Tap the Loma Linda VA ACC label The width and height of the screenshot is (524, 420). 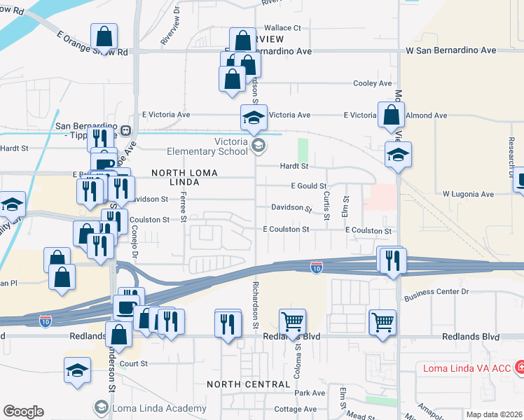pos(467,367)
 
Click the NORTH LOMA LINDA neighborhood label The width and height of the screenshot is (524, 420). pos(185,177)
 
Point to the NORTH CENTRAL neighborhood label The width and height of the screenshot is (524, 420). pos(248,384)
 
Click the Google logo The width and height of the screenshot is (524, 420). pos(23,412)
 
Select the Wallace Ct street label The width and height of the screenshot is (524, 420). pos(282,28)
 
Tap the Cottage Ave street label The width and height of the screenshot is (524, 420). pos(296,409)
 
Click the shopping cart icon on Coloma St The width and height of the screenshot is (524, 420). pos(292,322)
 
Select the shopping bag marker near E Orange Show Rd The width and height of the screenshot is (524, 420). pos(104,36)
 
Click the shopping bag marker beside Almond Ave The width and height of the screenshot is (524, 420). pos(391,115)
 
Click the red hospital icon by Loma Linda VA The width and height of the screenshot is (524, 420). pos(519,367)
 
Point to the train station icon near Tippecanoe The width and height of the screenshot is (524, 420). pos(126,130)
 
